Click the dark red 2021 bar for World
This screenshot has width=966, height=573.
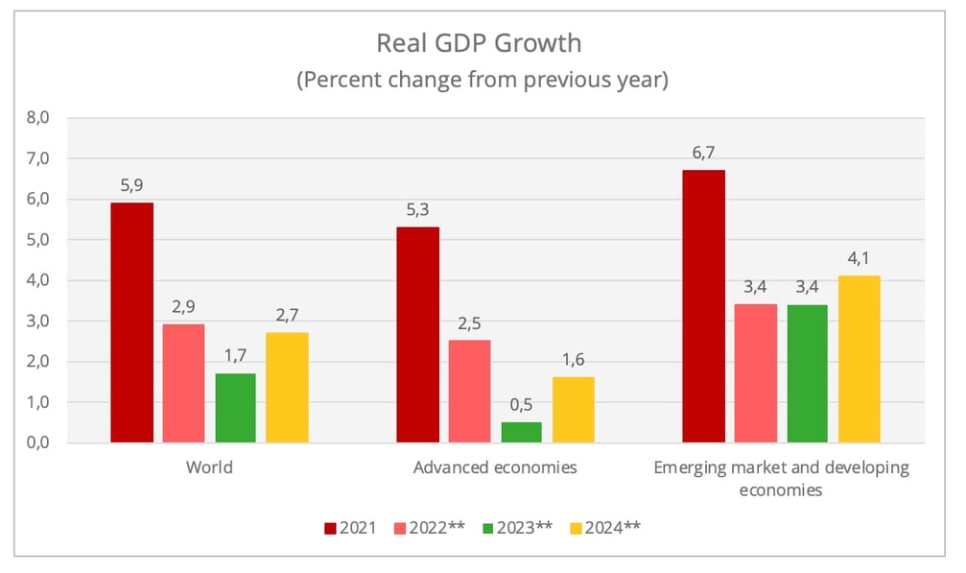[x=131, y=322]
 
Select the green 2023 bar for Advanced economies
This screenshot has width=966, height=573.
[x=521, y=432]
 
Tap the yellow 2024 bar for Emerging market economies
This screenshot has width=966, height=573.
[x=859, y=359]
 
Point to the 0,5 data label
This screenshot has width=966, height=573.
[x=521, y=404]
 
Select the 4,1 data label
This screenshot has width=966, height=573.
[x=859, y=258]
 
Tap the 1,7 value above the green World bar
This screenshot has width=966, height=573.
[x=235, y=356]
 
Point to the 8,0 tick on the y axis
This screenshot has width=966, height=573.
[x=48, y=118]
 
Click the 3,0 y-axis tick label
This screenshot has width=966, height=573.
[x=48, y=322]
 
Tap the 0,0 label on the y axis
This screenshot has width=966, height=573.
[x=48, y=443]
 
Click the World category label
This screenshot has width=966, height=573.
[x=209, y=468]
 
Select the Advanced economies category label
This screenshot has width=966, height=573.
[x=495, y=468]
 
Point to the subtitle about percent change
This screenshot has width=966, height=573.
[x=482, y=80]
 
